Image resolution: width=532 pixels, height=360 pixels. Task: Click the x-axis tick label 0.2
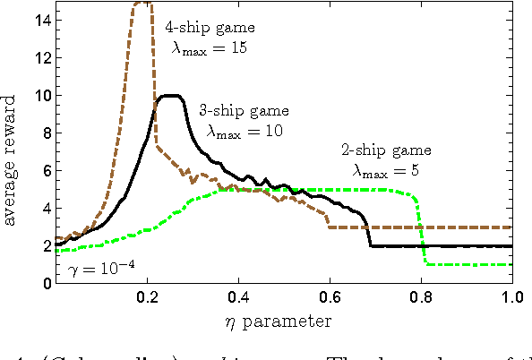coord(147,297)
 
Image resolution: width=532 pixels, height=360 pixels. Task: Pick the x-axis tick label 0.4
coord(238,297)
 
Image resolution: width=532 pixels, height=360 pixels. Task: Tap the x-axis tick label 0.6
coord(330,297)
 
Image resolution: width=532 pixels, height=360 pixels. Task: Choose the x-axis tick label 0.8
coord(421,297)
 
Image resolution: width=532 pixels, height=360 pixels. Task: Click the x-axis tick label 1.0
coord(511,297)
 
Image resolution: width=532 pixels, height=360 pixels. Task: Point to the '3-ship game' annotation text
coord(245,112)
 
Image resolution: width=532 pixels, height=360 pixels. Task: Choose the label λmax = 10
coord(244,131)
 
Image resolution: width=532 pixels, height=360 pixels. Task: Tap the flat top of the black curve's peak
coord(169,95)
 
